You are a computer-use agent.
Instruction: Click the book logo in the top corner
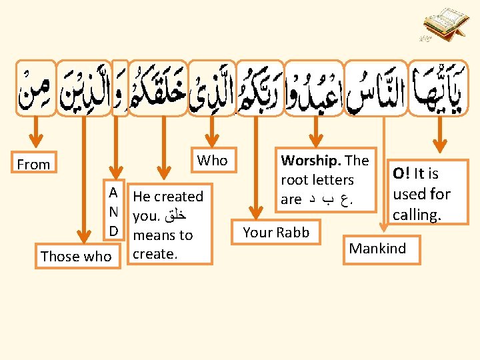441,25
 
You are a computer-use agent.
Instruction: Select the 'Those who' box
76,256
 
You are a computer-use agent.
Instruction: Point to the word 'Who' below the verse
212,160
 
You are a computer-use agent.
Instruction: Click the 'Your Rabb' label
275,232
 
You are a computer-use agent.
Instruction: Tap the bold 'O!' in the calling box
401,174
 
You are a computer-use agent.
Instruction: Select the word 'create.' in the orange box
155,254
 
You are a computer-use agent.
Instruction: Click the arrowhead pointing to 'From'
34,139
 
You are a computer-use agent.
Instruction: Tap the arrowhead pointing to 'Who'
212,139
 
